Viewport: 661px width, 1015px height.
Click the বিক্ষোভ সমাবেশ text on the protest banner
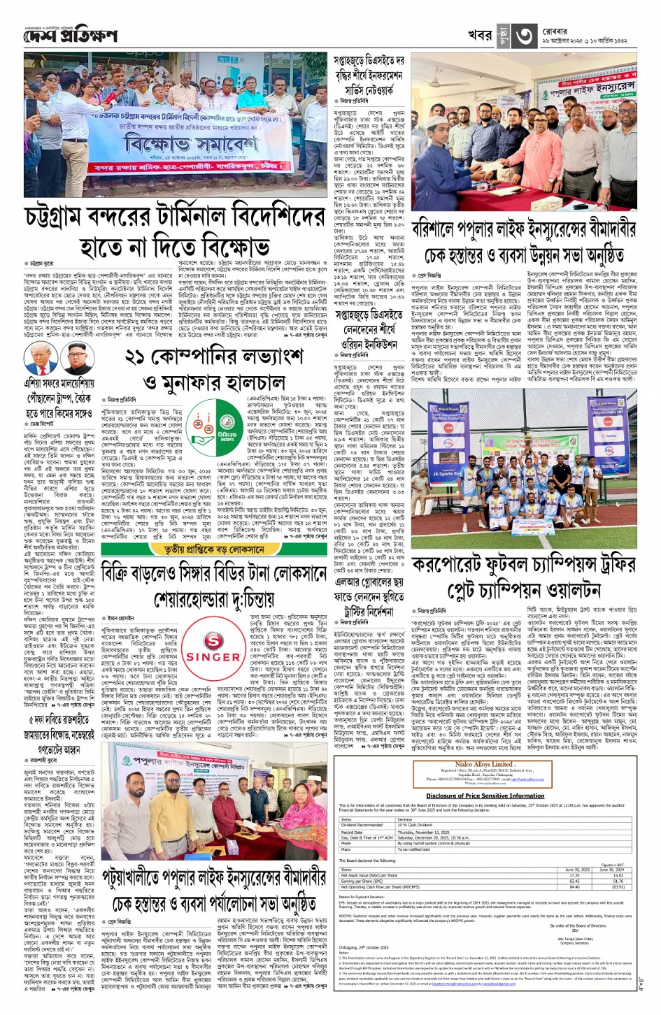[x=171, y=143]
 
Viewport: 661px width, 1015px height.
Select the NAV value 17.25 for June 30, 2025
[x=574, y=875]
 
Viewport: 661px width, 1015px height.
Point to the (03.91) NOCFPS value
[x=618, y=886]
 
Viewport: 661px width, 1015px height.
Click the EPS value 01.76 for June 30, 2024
[x=618, y=881]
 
